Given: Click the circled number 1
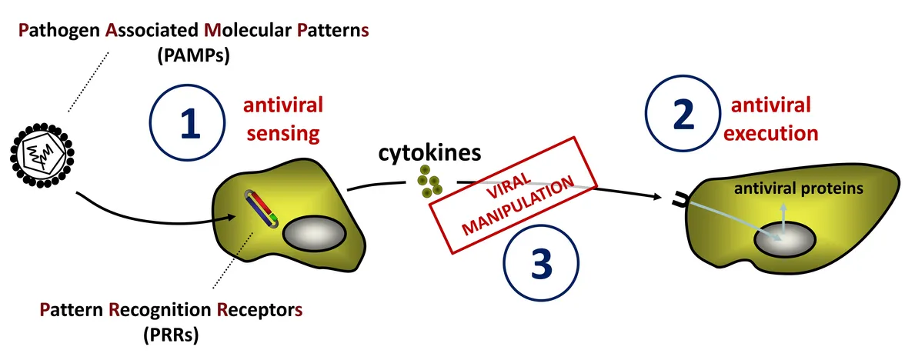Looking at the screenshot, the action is pos(187,122).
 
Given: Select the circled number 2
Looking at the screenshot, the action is pos(682,116).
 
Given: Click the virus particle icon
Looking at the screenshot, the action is pos(43,154).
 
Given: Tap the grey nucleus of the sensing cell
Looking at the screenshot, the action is pos(313,232).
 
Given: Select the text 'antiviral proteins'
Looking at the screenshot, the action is pos(798,188).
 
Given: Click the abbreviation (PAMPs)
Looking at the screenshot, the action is pos(193,56).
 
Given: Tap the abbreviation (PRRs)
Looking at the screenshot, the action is pos(171,335).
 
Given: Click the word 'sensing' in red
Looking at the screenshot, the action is pos(282,133).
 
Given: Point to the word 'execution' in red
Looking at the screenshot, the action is pos(771,132).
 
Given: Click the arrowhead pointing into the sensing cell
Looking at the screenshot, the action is pos(232,217).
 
